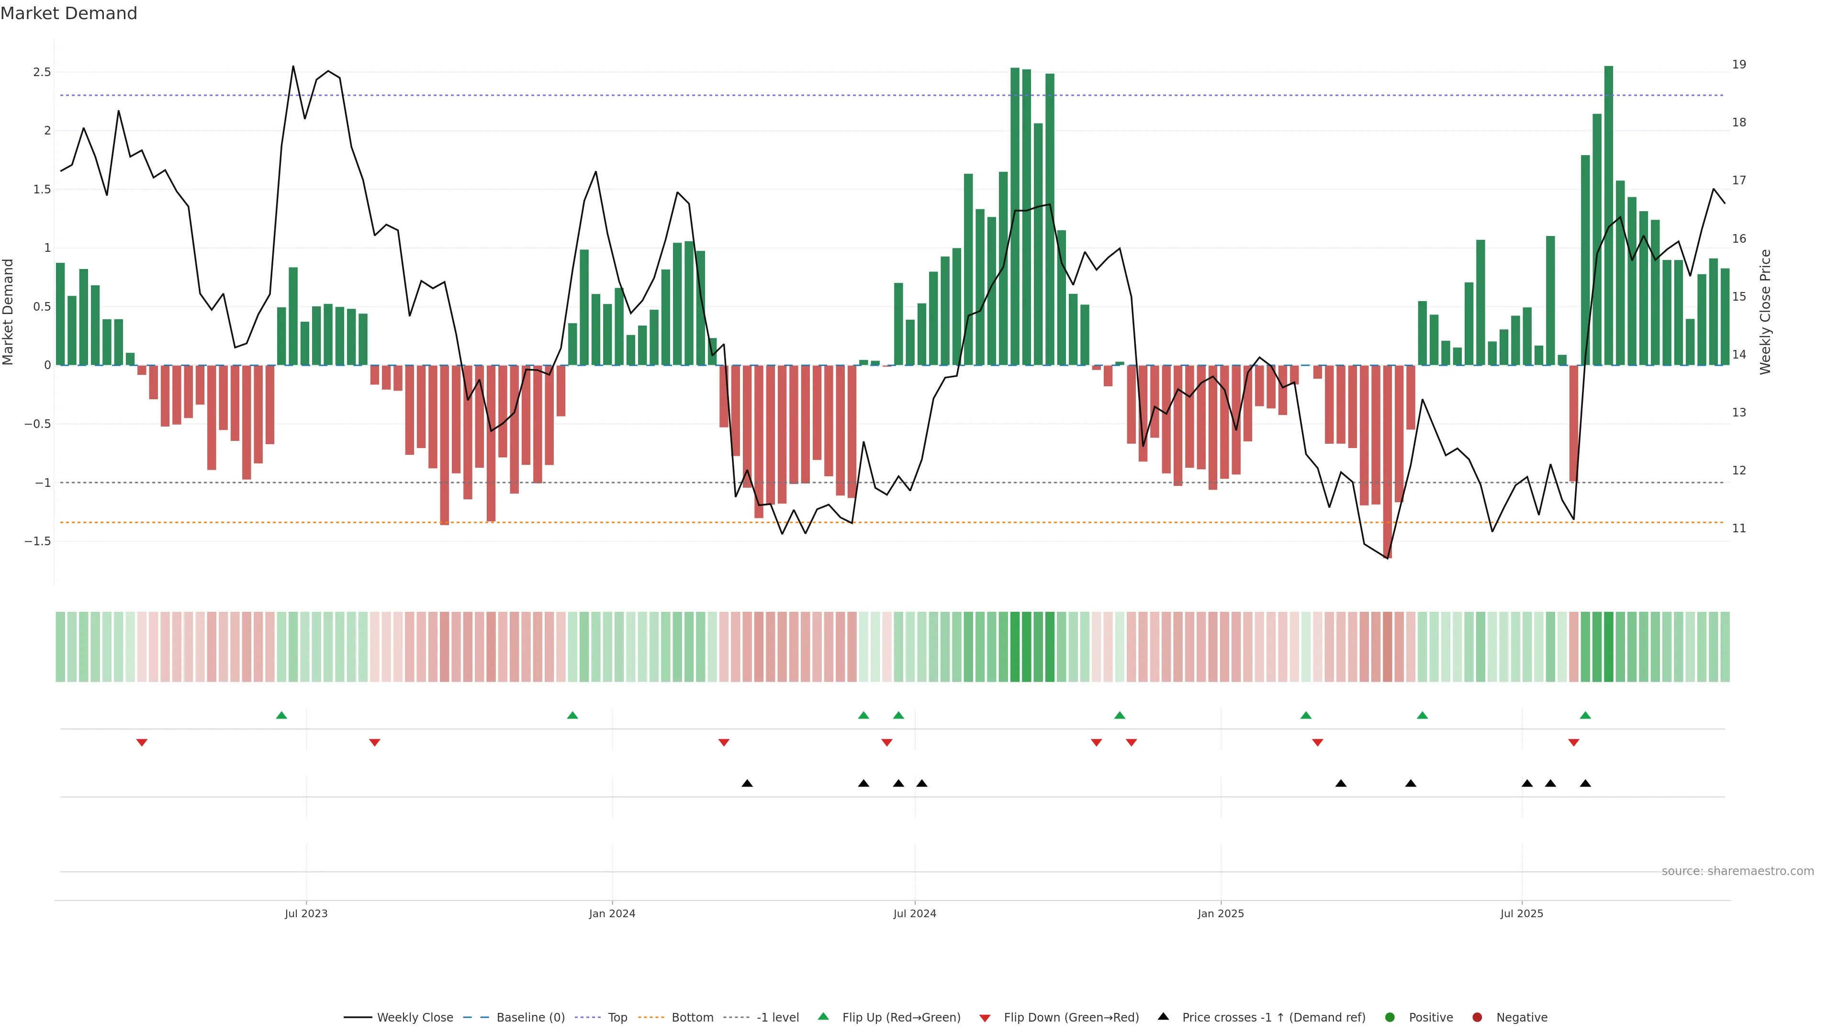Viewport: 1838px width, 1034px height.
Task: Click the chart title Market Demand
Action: point(68,13)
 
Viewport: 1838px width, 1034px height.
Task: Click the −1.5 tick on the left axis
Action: point(38,541)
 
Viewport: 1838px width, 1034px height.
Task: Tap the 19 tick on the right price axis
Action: point(1739,64)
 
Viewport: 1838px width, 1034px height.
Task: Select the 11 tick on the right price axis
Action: point(1739,529)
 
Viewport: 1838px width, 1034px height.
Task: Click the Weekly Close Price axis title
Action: point(1765,312)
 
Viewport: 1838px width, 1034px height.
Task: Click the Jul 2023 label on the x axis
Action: point(306,913)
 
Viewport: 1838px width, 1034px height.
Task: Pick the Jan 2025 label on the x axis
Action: point(1220,913)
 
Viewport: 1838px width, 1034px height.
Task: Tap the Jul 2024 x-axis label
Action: point(915,913)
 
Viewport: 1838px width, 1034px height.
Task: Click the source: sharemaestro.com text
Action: point(1737,871)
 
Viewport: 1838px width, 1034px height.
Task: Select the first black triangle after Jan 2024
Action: point(747,784)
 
